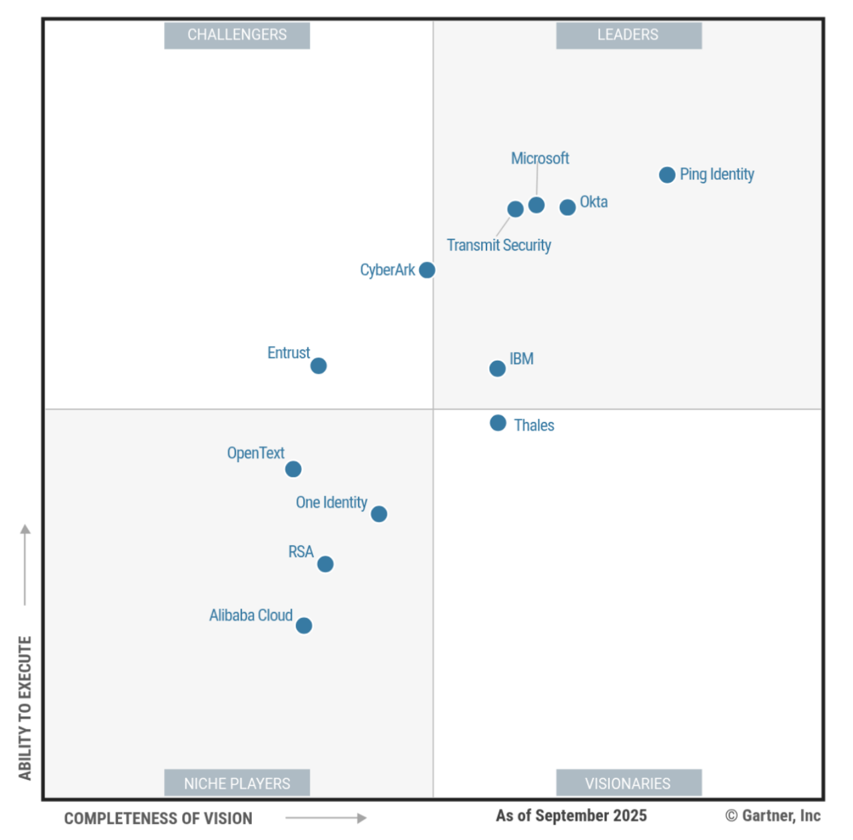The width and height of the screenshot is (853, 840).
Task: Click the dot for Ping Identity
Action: [x=667, y=175]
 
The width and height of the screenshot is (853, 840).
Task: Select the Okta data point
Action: [x=567, y=207]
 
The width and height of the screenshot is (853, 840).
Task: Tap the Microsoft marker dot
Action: [x=536, y=205]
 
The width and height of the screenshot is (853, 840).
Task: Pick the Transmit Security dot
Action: [x=515, y=209]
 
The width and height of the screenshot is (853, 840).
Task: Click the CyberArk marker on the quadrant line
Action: [x=427, y=270]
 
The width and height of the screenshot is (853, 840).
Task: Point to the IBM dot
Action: [x=497, y=369]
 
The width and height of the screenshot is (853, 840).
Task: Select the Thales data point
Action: [x=498, y=423]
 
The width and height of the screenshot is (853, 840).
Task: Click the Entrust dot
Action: [x=319, y=366]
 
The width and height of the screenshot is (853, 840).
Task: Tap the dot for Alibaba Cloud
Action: [x=304, y=625]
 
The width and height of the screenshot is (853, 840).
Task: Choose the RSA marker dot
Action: [x=325, y=564]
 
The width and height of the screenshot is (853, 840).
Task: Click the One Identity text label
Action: [x=331, y=502]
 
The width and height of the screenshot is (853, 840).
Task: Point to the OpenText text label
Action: [x=255, y=453]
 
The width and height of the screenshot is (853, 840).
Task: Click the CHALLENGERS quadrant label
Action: [x=237, y=35]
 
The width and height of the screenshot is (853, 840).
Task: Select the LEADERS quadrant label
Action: [x=628, y=35]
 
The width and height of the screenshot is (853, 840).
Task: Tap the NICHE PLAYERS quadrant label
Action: [x=237, y=783]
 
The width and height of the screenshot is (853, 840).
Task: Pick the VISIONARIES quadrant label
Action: [x=628, y=783]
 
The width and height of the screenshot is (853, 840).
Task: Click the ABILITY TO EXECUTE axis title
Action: [x=25, y=708]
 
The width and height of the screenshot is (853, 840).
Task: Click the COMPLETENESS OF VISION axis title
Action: [x=158, y=818]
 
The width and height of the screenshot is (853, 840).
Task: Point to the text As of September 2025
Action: [x=571, y=815]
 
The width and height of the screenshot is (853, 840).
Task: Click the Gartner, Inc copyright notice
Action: [x=773, y=815]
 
